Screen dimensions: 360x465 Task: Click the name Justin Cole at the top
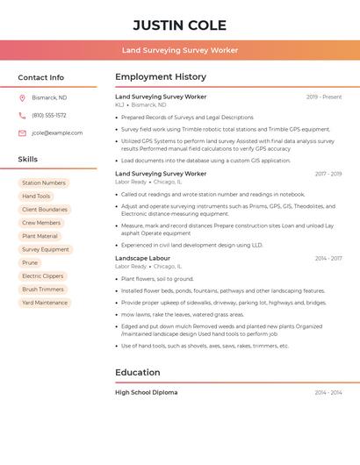click(180, 25)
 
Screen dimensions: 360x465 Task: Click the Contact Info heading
click(41, 77)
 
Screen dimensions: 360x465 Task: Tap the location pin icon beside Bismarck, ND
click(22, 97)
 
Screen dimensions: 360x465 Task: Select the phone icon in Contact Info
click(22, 115)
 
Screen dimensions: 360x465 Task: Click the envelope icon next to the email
click(22, 133)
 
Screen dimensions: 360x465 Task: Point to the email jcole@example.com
click(57, 133)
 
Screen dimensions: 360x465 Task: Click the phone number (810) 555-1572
click(49, 115)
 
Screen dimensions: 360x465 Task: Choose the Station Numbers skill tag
click(44, 183)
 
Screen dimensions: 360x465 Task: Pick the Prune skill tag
click(30, 263)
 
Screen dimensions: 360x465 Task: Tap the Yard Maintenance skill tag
click(45, 303)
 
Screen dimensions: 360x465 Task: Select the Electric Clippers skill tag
click(43, 276)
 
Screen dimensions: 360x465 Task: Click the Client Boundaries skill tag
click(45, 210)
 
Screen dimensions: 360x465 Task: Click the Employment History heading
click(161, 77)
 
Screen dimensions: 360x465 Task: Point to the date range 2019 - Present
click(324, 97)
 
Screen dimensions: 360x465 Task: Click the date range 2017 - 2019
click(328, 174)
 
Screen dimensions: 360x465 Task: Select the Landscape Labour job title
click(142, 259)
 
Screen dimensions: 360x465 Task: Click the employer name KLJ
click(119, 104)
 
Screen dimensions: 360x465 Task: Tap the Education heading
click(137, 373)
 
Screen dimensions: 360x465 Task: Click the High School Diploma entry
click(146, 392)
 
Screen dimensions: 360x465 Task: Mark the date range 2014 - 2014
click(328, 392)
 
